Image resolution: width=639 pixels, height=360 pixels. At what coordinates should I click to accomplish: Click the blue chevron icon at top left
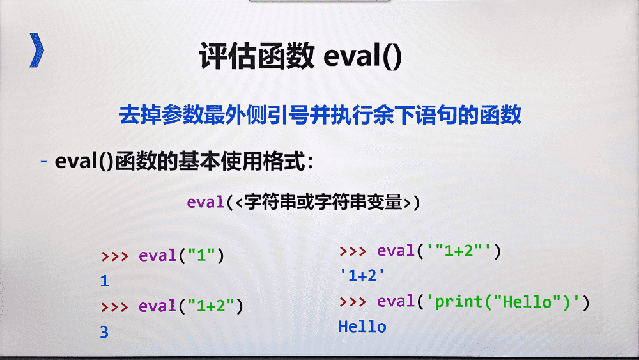[36, 50]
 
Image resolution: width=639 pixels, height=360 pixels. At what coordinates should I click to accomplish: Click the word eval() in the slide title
[363, 56]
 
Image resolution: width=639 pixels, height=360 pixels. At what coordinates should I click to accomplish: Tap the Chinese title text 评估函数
[257, 56]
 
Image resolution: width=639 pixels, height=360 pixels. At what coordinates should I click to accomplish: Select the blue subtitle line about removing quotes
[320, 114]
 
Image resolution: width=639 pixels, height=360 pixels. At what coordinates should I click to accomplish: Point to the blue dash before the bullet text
[44, 162]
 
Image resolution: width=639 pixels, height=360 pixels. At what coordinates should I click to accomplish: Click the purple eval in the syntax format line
[205, 202]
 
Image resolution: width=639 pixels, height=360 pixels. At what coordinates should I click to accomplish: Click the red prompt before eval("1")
[114, 256]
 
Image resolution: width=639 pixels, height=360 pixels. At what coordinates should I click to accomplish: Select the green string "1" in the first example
[201, 255]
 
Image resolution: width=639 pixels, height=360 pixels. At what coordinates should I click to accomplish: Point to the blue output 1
[104, 281]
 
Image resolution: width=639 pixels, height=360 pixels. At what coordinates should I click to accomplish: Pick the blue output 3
[104, 332]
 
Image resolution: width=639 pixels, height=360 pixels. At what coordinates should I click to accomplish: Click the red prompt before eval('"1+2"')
[353, 251]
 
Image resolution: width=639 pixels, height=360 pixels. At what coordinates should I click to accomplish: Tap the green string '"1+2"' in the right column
[458, 250]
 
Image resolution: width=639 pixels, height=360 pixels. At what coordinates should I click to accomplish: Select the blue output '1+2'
[362, 276]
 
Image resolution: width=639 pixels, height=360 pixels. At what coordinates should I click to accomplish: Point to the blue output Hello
[362, 327]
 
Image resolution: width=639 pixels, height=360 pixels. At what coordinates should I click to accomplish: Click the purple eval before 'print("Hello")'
[396, 301]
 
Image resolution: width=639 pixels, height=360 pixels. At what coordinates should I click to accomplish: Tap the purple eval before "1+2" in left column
[157, 306]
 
